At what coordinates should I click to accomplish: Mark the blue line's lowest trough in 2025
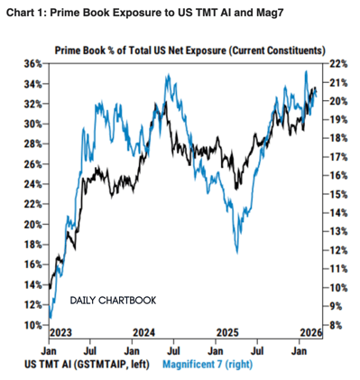[x=236, y=253]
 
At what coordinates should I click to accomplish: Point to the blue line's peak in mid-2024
[x=167, y=76]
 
